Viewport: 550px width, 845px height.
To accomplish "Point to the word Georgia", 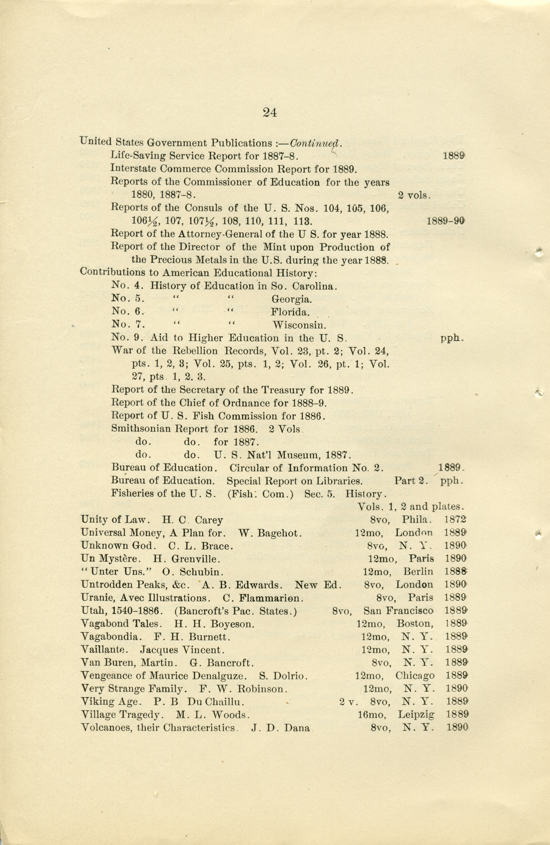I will point(291,299).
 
